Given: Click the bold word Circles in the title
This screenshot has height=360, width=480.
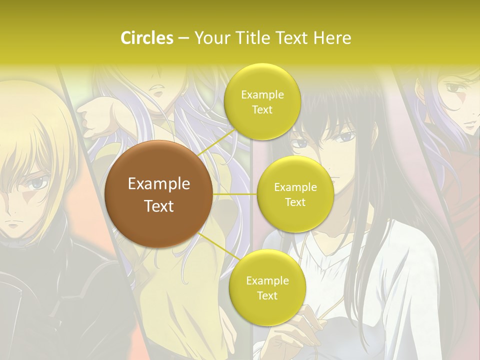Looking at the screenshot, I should [x=146, y=38].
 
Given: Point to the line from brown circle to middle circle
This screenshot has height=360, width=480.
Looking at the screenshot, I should [x=235, y=194].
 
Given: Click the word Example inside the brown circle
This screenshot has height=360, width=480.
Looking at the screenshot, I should [x=159, y=184].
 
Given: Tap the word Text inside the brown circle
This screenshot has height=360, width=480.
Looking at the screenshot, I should [x=159, y=206].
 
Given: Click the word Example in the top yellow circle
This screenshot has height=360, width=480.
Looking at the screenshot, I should [x=262, y=95].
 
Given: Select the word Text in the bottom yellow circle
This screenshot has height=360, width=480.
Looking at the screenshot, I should [x=267, y=296].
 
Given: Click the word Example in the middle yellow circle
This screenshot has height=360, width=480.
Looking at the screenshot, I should [x=295, y=187].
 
